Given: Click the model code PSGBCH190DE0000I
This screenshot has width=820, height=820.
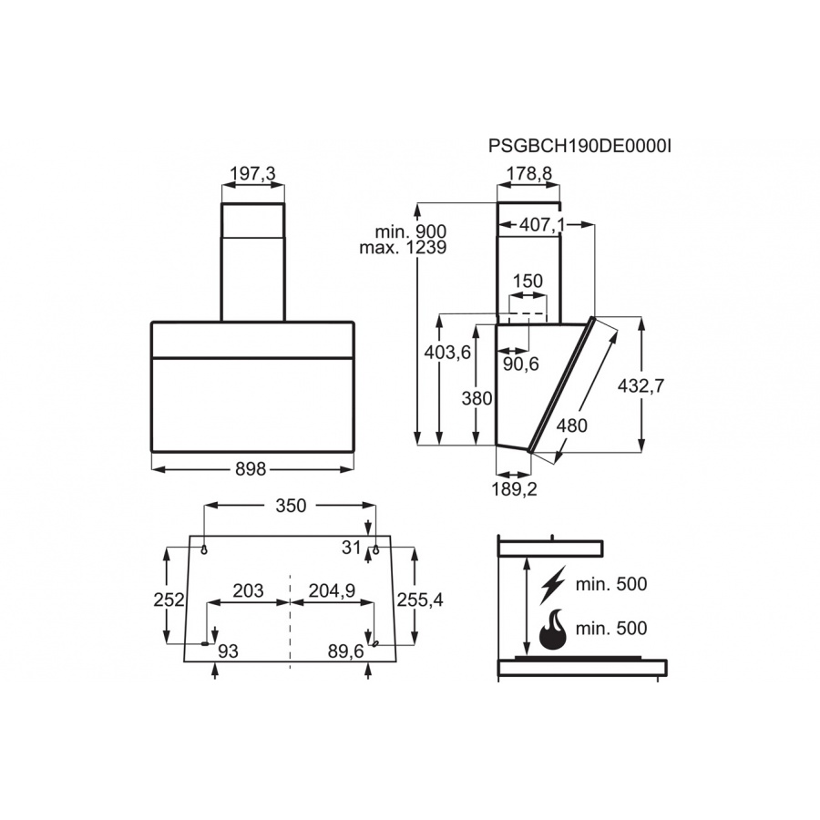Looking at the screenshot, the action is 580,146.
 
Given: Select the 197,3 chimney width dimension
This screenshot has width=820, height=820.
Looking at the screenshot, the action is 252,173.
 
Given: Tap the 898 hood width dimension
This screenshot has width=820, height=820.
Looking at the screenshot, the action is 251,469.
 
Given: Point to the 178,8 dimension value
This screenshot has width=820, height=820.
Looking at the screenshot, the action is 529,173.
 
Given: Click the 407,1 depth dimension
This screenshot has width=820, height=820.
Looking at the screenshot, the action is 542,225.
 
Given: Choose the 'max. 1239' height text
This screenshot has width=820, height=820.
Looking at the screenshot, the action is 403,247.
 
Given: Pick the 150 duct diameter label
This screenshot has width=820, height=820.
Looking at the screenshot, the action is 528,282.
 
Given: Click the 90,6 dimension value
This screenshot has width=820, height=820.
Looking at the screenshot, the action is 521,364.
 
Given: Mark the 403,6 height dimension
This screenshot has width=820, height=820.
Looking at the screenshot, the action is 447,353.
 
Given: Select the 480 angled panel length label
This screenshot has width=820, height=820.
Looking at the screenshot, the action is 571,425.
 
